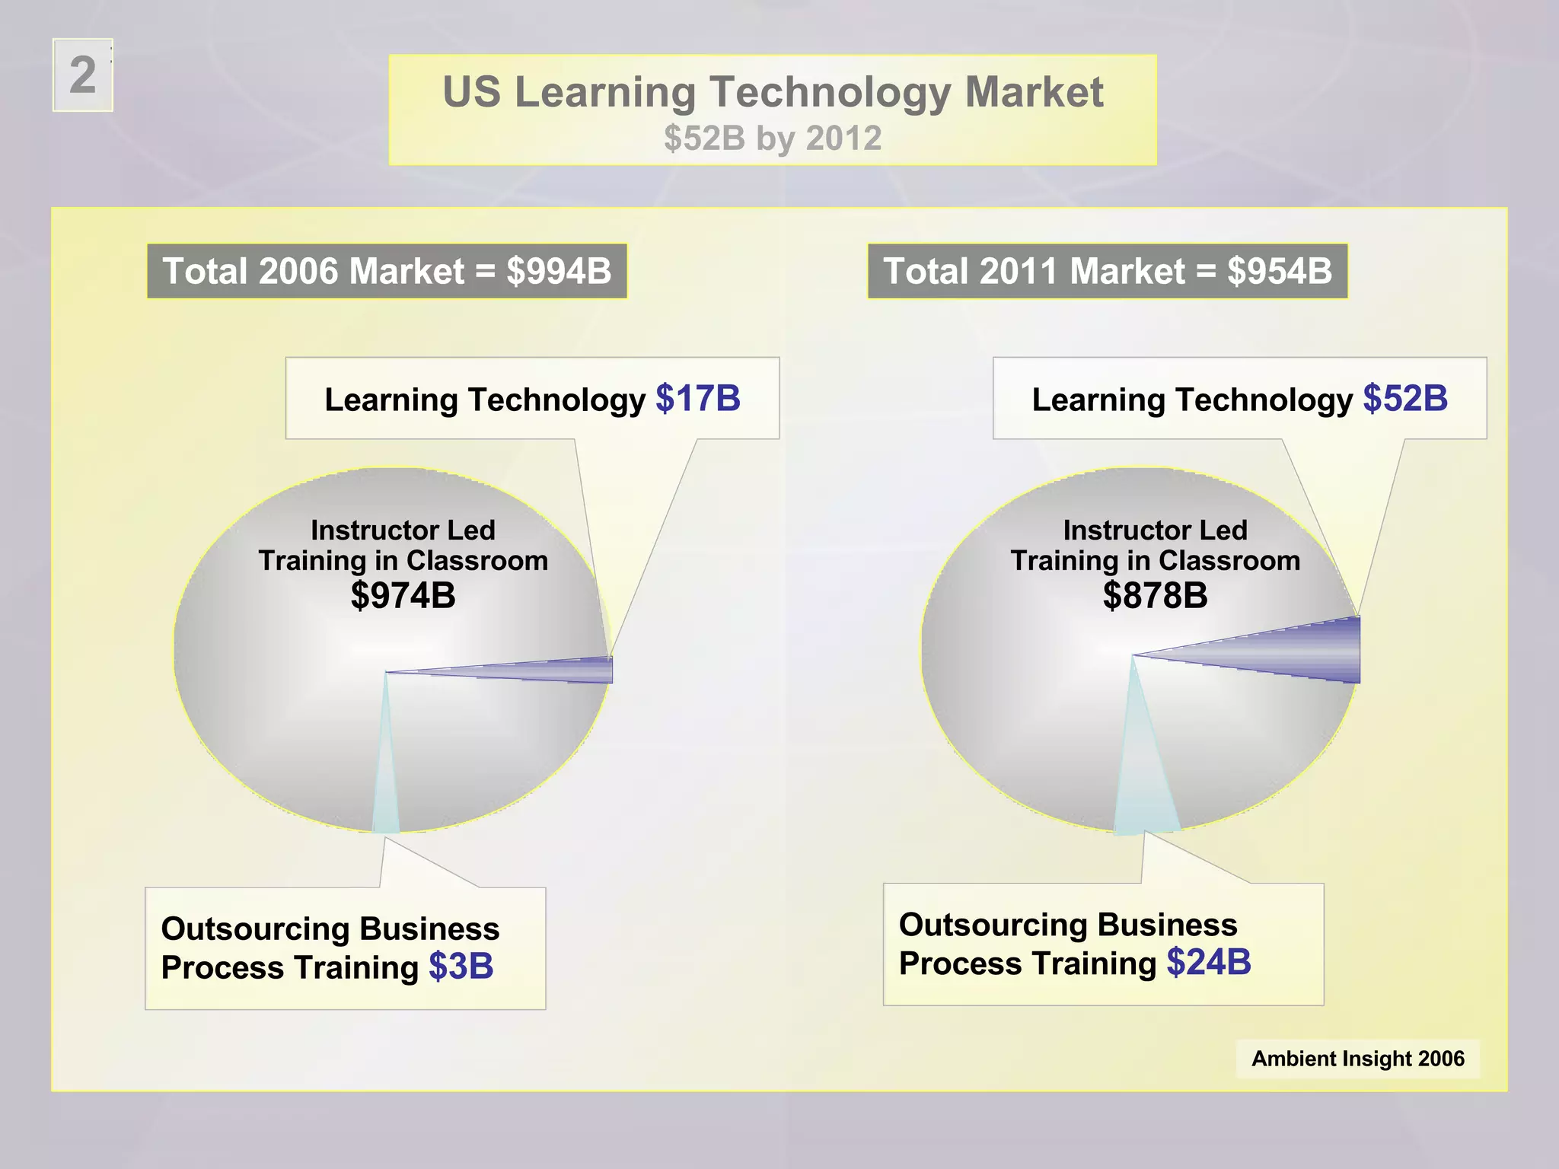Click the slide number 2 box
[83, 75]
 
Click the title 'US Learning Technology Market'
[772, 92]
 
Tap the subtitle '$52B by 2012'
[772, 139]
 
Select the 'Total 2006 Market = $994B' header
[387, 271]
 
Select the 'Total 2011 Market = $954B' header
[1108, 271]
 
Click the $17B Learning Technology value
[698, 399]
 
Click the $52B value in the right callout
[1405, 399]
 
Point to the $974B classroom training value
[403, 595]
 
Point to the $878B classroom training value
[1155, 595]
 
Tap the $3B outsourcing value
[461, 967]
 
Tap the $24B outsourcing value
[1209, 962]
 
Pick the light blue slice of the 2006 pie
[384, 792]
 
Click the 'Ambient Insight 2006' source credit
[1357, 1059]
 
